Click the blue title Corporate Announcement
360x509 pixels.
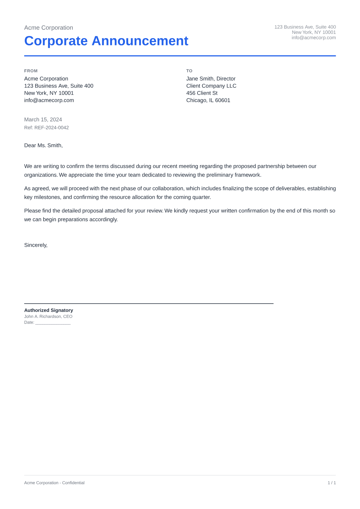[106, 41]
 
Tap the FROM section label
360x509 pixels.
[31, 71]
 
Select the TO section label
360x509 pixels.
[189, 71]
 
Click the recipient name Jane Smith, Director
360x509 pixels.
[211, 79]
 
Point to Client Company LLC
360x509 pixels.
[211, 86]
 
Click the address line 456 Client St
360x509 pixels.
[202, 93]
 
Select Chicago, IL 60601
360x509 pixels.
[208, 100]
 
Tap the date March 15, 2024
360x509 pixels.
[43, 120]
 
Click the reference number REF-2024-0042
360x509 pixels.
[51, 128]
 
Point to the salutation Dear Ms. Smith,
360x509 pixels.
[43, 145]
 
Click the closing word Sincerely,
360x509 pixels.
[36, 245]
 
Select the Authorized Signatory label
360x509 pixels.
[48, 310]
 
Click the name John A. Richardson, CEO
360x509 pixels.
[48, 317]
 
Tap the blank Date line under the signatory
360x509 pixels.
[53, 323]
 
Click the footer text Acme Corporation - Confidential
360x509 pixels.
[54, 483]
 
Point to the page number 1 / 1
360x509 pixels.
[332, 483]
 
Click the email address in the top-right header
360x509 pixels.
[313, 38]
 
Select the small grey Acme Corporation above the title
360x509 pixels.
[48, 28]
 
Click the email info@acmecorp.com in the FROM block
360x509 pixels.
[49, 100]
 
